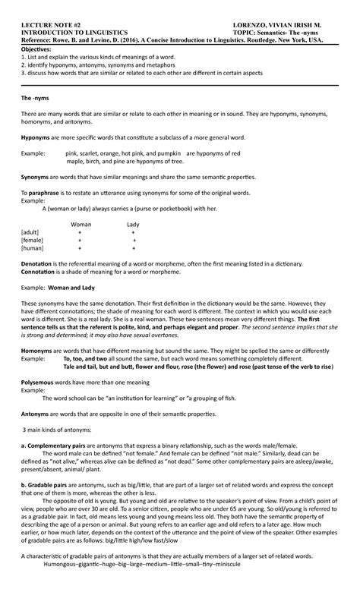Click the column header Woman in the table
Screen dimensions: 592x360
coord(81,225)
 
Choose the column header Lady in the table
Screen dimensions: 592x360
coord(133,225)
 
